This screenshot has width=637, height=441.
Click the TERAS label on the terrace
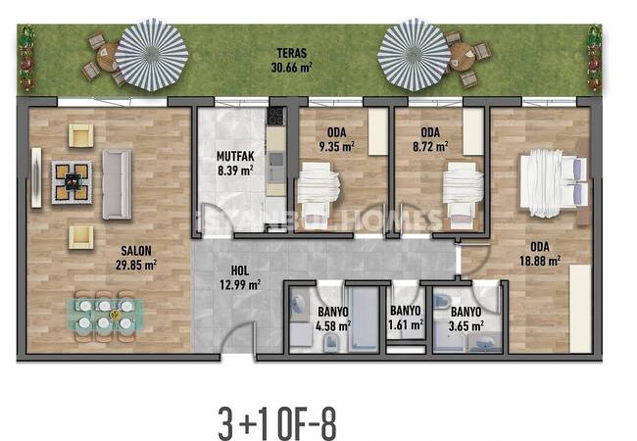pos(292,53)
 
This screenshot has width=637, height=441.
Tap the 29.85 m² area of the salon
pos(136,266)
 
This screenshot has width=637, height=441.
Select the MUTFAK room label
pos(235,156)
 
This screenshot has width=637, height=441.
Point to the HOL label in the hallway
pos(240,270)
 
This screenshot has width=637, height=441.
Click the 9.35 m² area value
pos(337,146)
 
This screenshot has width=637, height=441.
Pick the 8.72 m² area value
pos(430,146)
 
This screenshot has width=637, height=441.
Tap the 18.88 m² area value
pos(540,261)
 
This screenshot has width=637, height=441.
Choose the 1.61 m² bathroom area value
pos(406,324)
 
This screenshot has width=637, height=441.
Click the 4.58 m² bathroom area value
pos(333,326)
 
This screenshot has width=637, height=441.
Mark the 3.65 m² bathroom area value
pos(465,326)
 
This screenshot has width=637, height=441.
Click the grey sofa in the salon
pos(117,184)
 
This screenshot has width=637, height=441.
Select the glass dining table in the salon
pos(105,316)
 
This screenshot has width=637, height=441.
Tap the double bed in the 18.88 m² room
pos(554,183)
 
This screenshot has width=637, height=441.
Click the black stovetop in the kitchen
pos(276,117)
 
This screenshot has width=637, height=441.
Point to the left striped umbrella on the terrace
pos(152,55)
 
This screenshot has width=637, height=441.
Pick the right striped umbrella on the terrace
pos(414,55)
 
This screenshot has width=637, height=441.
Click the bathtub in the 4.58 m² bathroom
pos(364,318)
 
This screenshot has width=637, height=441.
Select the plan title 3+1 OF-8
pos(277,423)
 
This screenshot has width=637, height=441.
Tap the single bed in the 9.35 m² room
pos(318,196)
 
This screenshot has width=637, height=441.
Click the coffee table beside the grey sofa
pos(72,182)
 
